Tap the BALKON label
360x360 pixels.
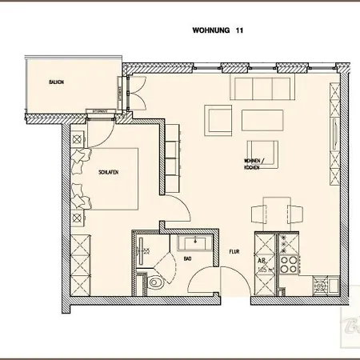click(x=56, y=82)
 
